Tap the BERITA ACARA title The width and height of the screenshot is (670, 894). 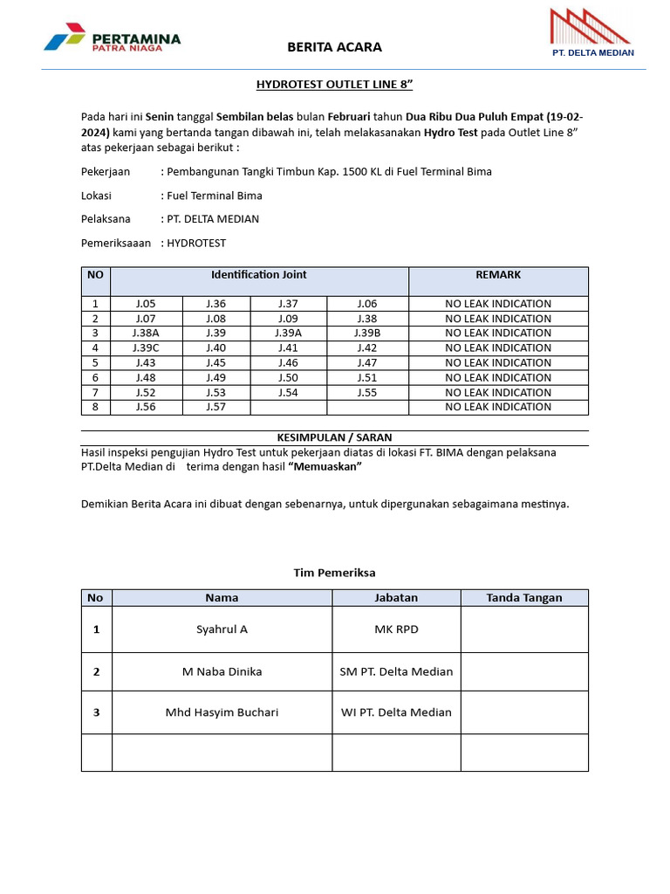335,47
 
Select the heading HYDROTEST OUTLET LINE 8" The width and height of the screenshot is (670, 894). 334,85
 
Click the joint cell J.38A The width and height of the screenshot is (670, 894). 146,334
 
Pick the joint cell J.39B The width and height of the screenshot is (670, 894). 367,334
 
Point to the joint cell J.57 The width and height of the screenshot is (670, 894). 216,407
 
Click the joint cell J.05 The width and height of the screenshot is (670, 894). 146,304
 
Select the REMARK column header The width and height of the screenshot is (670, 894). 498,275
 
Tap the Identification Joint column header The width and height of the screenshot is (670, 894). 259,275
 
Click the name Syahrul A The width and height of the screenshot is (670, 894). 222,629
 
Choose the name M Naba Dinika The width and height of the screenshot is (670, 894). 222,671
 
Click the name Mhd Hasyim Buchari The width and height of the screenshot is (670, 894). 222,712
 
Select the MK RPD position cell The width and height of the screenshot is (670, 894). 396,629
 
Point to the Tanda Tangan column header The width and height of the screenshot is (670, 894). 524,598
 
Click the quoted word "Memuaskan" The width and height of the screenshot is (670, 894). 325,467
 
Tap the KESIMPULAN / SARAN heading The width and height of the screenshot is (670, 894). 334,437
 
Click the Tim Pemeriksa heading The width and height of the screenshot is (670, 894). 334,573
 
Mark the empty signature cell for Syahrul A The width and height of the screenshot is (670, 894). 524,629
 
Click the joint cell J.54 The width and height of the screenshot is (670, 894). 288,393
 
